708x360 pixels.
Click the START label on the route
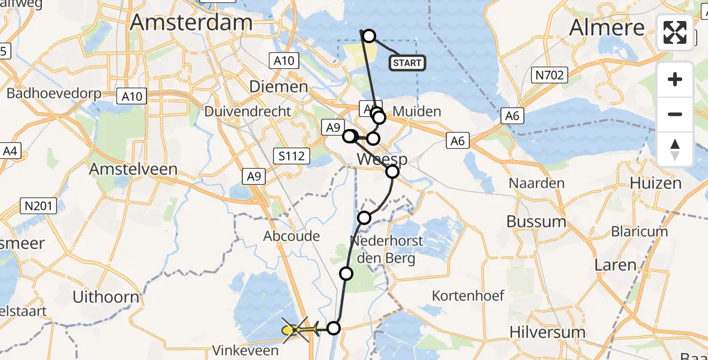(x=408, y=62)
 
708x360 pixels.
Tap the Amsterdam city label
(x=191, y=23)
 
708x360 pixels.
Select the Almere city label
(x=607, y=27)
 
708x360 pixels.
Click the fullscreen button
(x=675, y=32)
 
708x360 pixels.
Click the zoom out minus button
(x=675, y=114)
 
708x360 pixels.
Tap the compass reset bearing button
(x=675, y=149)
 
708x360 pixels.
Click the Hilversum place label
(x=547, y=332)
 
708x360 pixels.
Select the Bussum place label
(x=536, y=221)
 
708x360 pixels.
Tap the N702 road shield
(x=549, y=74)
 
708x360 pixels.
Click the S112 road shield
(x=293, y=157)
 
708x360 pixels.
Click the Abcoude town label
(x=292, y=236)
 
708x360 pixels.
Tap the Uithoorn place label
(x=106, y=296)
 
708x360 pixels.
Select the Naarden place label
(x=536, y=183)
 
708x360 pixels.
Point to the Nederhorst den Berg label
(x=387, y=249)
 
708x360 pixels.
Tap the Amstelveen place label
(x=133, y=169)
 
